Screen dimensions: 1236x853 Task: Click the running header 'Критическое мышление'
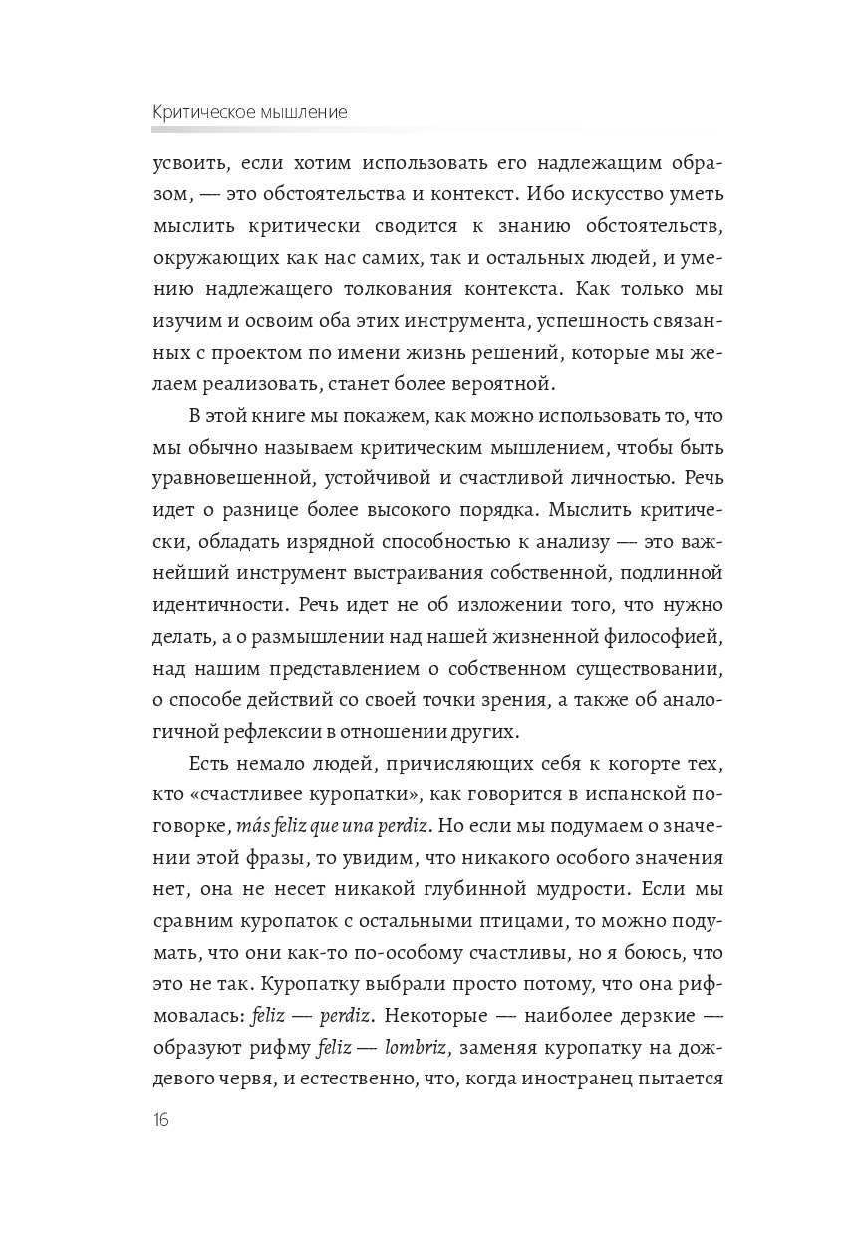tap(249, 112)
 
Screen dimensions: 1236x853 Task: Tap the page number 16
tap(161, 1119)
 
